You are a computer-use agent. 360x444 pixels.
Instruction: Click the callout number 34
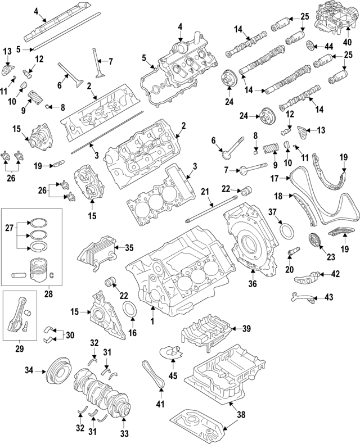pyautogui.click(x=29, y=370)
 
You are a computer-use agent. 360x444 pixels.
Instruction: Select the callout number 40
pyautogui.click(x=346, y=42)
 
